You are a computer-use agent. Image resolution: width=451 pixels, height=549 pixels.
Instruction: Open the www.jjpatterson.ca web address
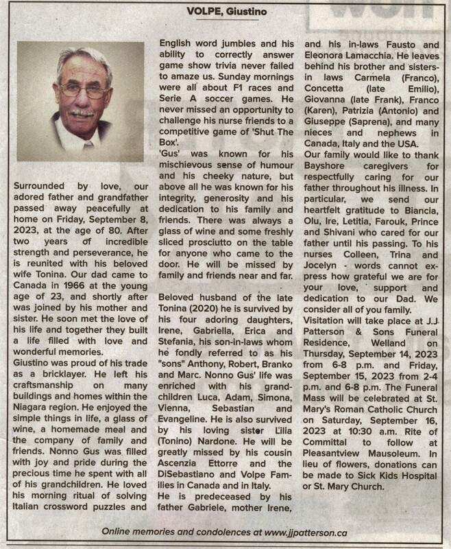coord(310,533)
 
